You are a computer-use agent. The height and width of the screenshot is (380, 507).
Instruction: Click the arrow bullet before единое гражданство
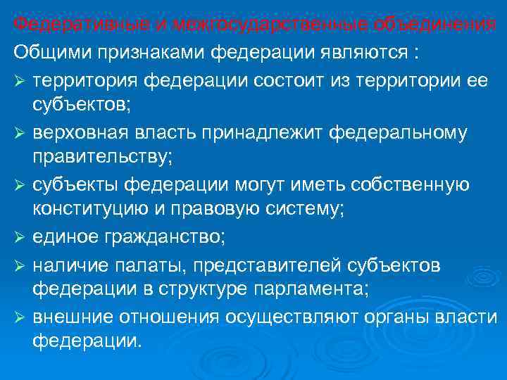coord(19,237)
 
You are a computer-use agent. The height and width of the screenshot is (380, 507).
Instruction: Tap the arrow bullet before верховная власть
coord(19,134)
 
